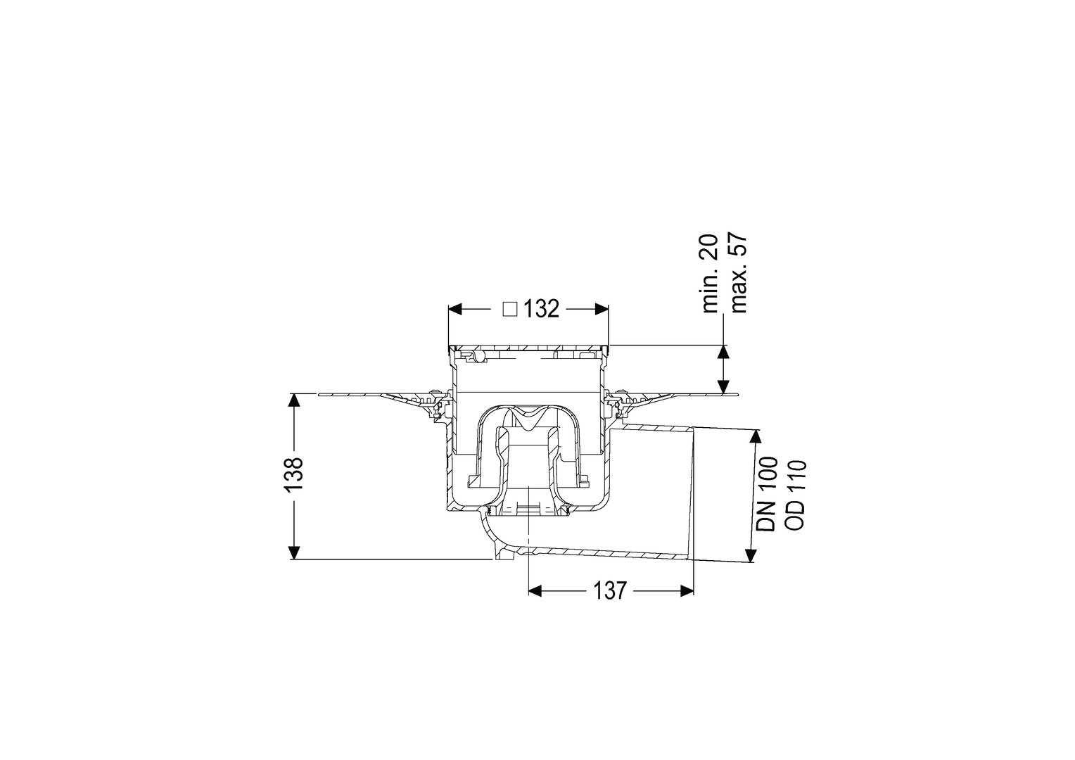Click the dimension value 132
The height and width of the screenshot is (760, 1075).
541,309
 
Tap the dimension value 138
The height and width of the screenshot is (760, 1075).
293,475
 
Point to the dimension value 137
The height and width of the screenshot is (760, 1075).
611,590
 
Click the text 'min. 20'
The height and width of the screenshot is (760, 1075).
710,274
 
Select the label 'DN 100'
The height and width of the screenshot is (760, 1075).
766,493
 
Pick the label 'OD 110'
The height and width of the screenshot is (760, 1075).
794,495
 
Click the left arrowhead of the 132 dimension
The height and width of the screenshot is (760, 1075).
455,310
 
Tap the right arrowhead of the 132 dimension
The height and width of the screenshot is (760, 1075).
602,310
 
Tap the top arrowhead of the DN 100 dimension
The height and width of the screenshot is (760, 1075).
756,436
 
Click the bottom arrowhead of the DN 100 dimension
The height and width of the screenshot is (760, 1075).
750,555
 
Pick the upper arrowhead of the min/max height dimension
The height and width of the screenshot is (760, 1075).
723,352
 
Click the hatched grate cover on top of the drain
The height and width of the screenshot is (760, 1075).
528,348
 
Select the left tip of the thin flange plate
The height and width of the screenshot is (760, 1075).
319,395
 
